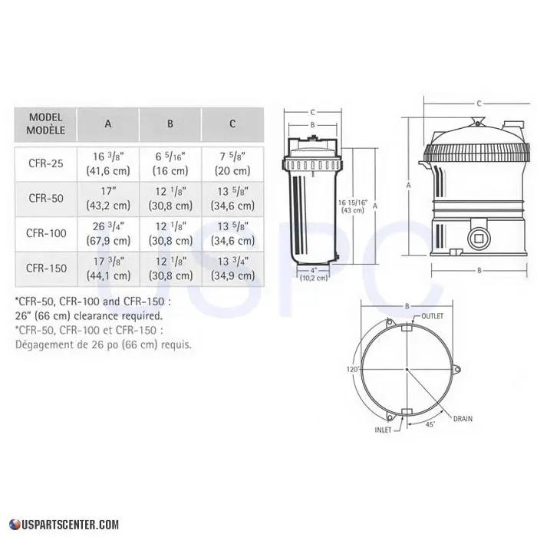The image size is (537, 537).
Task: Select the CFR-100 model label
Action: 44,232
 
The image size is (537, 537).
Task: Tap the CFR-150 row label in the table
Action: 44,268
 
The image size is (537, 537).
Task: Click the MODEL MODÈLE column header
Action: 46,123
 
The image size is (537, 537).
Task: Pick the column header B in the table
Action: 170,123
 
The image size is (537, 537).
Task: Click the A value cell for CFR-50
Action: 107,198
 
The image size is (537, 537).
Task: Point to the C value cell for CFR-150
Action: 232,268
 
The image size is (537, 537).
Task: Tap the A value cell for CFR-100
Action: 107,232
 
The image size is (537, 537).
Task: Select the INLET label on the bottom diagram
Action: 384,430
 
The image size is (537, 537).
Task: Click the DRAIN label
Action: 463,420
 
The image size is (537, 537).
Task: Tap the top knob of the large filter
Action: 478,120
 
